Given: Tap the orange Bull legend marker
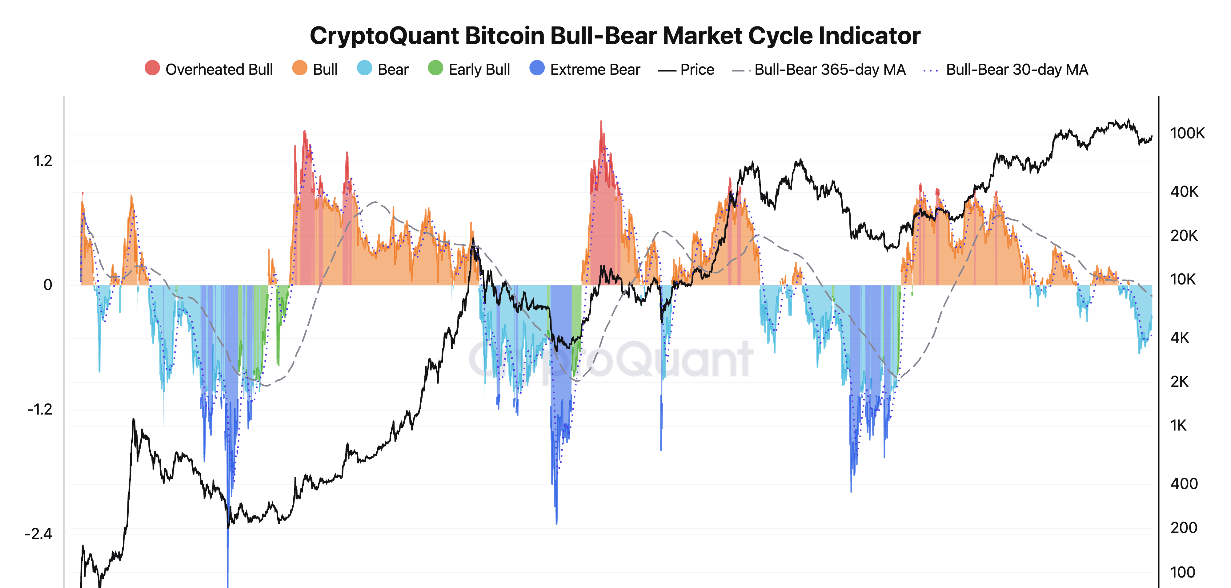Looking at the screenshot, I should pyautogui.click(x=300, y=68).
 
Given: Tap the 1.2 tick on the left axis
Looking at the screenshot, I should pyautogui.click(x=42, y=161).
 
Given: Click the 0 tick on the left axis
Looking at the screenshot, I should pyautogui.click(x=48, y=285).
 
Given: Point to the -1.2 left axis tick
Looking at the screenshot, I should pyautogui.click(x=40, y=409).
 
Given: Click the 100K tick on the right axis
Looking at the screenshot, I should pyautogui.click(x=1187, y=133).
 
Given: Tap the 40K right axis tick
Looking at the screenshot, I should pyautogui.click(x=1184, y=192).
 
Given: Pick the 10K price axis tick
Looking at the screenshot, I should pyautogui.click(x=1183, y=280).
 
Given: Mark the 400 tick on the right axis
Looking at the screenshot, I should pyautogui.click(x=1184, y=484).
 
